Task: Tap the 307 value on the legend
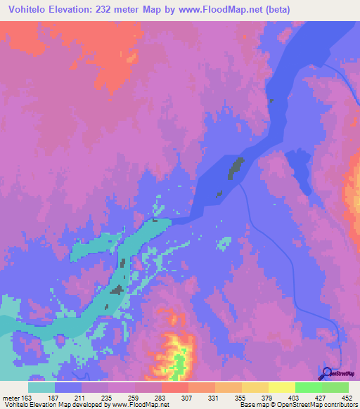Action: pyautogui.click(x=188, y=398)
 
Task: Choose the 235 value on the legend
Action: pyautogui.click(x=108, y=398)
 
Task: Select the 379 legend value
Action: pyautogui.click(x=268, y=398)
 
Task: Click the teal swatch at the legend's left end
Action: pyautogui.click(x=41, y=387)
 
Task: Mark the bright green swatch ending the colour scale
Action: pyautogui.click(x=335, y=387)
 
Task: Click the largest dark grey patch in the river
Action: pyautogui.click(x=235, y=169)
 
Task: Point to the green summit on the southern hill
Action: pyautogui.click(x=181, y=363)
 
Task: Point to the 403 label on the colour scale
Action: pyautogui.click(x=295, y=398)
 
